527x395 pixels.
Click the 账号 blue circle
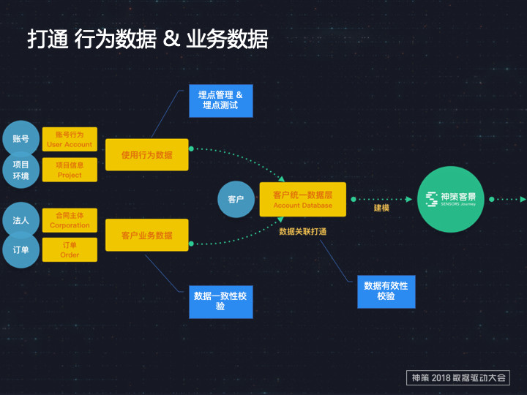pos(20,138)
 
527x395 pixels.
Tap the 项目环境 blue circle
pos(20,170)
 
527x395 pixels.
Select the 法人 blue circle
pos(20,219)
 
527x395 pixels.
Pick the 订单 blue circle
pos(20,249)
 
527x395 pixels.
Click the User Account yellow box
pos(70,139)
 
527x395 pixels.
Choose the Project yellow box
pos(70,170)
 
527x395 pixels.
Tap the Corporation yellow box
pos(70,220)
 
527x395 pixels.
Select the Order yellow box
pos(70,250)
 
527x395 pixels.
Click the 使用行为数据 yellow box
pos(146,155)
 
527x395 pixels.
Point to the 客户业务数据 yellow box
pos(146,236)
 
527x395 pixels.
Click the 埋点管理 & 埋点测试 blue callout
pos(220,100)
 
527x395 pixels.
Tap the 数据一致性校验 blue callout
pos(220,301)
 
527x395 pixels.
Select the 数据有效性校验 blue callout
pos(386,290)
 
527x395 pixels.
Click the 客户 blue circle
pos(236,199)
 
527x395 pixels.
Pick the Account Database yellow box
pos(302,200)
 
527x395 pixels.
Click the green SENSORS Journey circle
pos(451,199)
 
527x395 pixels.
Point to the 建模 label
pos(381,208)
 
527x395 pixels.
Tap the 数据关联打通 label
pos(302,230)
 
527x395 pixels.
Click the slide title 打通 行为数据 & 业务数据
pos(148,39)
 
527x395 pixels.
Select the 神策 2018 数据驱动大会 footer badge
pos(457,377)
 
